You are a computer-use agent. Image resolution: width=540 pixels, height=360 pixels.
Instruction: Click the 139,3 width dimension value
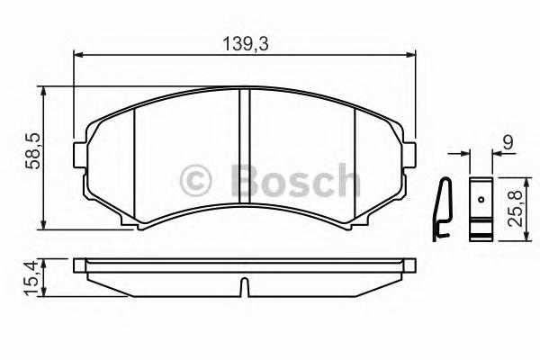pyautogui.click(x=243, y=41)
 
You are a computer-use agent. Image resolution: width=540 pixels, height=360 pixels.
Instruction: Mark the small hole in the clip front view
pyautogui.click(x=481, y=200)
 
